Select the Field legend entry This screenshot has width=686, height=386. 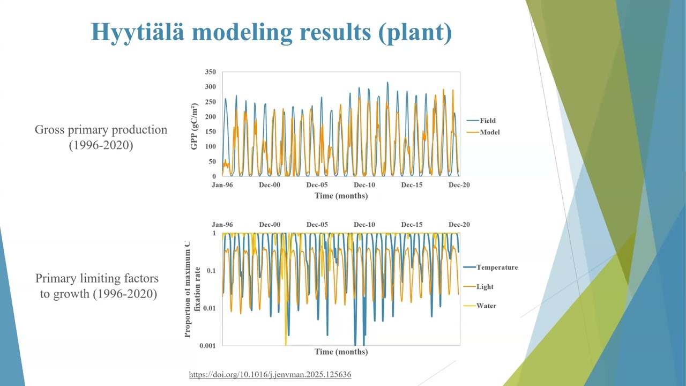[487, 121]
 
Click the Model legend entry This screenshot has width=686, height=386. [489, 132]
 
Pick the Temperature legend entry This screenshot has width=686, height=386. [497, 267]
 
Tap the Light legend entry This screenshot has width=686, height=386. [484, 286]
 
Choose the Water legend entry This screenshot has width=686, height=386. [486, 306]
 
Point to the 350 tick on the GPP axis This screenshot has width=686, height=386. [210, 72]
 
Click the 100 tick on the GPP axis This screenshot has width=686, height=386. [210, 146]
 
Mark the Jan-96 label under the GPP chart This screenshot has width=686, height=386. [222, 185]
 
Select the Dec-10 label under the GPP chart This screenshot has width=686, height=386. [364, 185]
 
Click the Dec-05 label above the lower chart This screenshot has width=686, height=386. [317, 225]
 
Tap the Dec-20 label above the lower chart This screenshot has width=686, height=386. [459, 225]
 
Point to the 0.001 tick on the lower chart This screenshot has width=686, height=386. [208, 345]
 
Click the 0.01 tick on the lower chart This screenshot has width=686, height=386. [209, 308]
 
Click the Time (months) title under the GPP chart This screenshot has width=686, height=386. [341, 196]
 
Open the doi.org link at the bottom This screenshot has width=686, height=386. [270, 374]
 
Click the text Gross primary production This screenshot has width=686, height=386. [101, 130]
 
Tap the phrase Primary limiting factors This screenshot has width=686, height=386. [97, 278]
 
